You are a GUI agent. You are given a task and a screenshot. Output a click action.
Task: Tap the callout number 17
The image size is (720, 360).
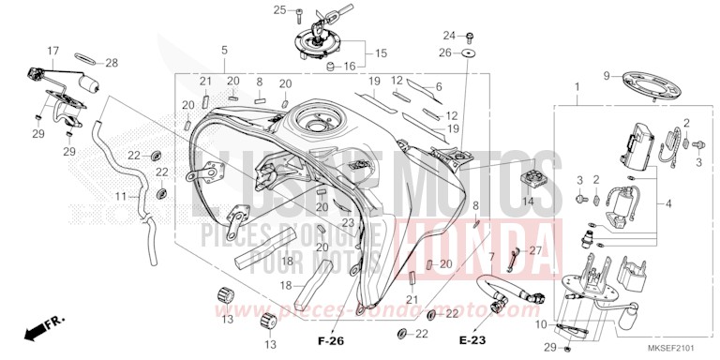(x=53, y=50)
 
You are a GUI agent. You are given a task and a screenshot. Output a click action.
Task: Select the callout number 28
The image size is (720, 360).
(x=112, y=63)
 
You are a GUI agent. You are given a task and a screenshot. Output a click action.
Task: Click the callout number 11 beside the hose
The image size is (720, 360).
(x=120, y=197)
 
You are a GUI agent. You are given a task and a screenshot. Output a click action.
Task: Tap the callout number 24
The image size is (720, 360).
(x=448, y=36)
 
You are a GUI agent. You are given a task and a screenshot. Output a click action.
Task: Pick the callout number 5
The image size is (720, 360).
(x=224, y=50)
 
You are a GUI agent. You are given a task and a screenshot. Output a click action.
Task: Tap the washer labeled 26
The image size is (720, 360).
(x=467, y=54)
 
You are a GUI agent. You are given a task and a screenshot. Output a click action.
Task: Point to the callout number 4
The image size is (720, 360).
(x=667, y=202)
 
